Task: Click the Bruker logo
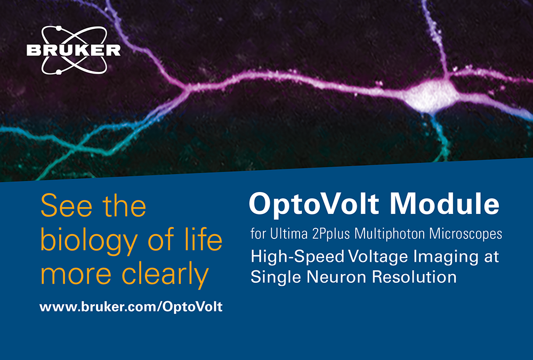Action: (x=74, y=50)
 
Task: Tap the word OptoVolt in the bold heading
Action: (x=314, y=204)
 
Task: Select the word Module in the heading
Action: (x=445, y=204)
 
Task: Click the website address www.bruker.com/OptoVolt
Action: (x=131, y=307)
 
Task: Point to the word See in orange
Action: (x=66, y=206)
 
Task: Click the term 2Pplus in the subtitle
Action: (x=332, y=235)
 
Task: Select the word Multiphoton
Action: (x=390, y=235)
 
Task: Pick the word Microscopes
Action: (x=466, y=235)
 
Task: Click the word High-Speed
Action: (x=297, y=257)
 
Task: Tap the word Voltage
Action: (x=378, y=257)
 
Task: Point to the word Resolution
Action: (x=414, y=277)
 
